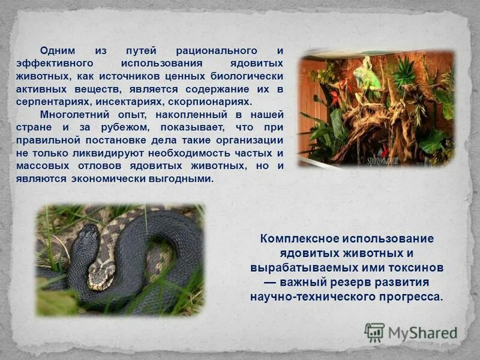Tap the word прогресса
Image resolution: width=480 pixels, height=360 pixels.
pyautogui.click(x=413, y=296)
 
